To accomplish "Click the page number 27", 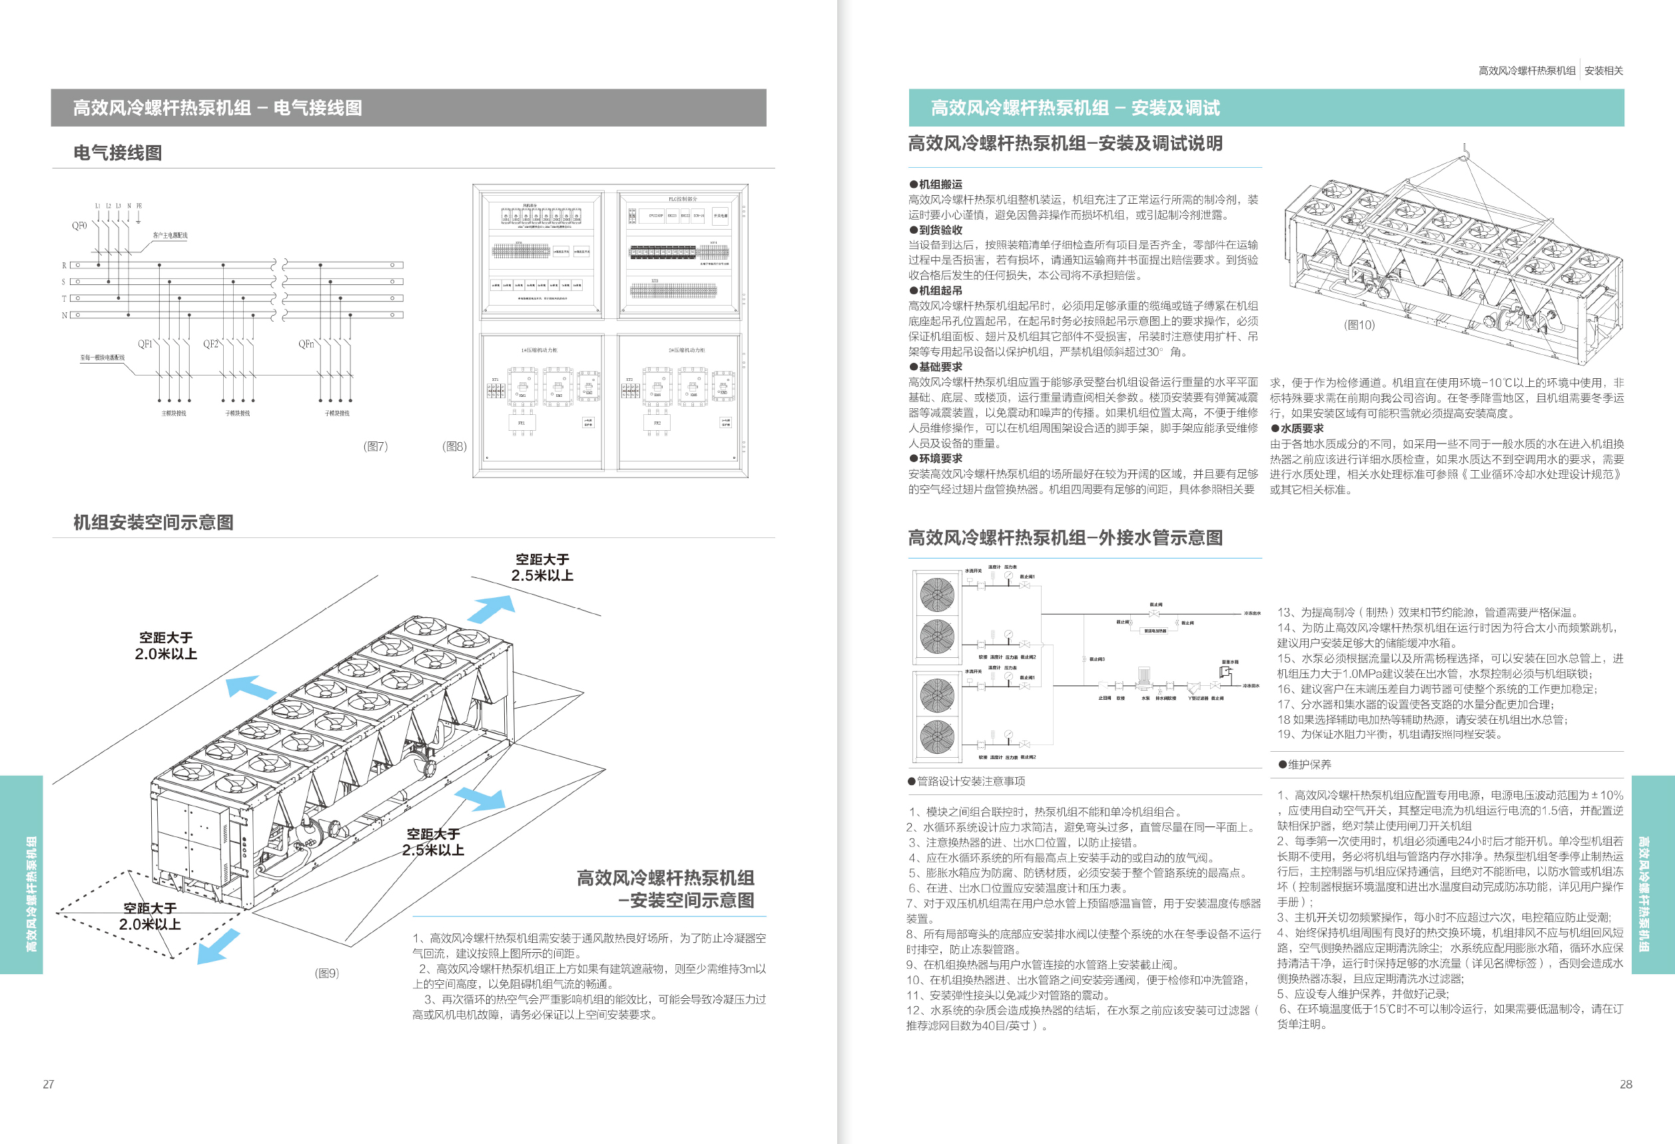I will [x=49, y=1083].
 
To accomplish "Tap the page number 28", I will [x=1625, y=1083].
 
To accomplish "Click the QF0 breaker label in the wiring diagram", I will [x=79, y=226].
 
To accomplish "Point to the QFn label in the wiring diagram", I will [x=307, y=344].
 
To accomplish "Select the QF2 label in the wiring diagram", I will [x=210, y=344].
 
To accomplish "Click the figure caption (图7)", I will [x=376, y=446].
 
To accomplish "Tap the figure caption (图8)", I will [x=454, y=446].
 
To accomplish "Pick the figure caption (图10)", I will [x=1359, y=324].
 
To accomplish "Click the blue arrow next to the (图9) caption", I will [x=218, y=946].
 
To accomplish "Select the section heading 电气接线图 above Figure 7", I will [x=117, y=152].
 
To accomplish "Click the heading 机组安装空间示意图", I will [x=154, y=522].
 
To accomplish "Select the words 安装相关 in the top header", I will [x=1604, y=71].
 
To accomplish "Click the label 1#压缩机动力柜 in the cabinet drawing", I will [x=539, y=350].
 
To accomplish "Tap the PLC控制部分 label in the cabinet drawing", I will [x=683, y=199].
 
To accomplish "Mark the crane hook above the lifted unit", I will [x=1465, y=150].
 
